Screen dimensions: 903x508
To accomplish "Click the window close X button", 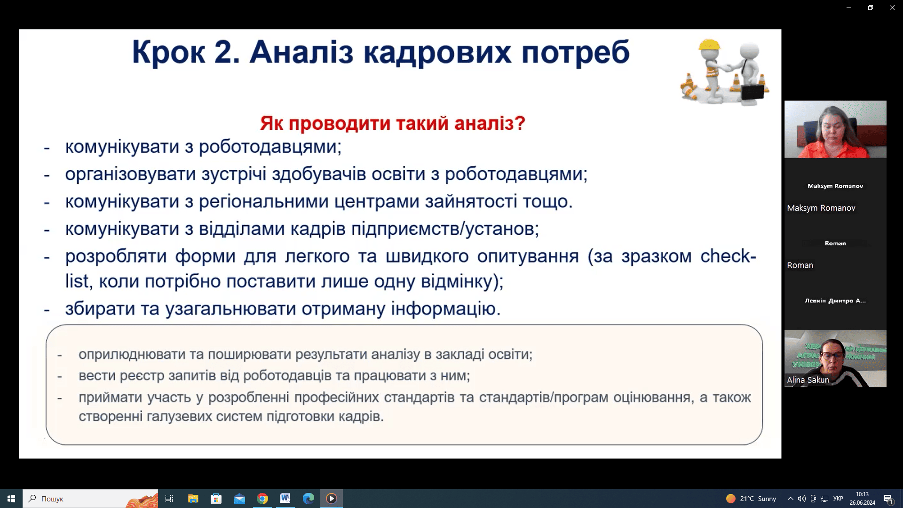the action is tap(892, 8).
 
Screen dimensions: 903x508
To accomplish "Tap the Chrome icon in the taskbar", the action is tap(262, 499).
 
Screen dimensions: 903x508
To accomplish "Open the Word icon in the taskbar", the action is tap(285, 498).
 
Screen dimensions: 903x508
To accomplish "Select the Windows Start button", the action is tap(11, 499).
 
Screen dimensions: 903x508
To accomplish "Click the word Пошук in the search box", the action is tap(52, 499).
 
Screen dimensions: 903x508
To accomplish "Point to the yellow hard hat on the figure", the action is tap(709, 45).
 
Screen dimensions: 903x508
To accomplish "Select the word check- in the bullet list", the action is tap(728, 256).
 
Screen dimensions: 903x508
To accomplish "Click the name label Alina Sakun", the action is tap(808, 380).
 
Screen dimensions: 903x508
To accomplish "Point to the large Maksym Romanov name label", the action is tap(821, 208).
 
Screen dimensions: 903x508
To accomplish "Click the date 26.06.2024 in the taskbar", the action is tap(862, 503).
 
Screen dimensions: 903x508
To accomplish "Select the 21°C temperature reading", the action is tap(747, 499).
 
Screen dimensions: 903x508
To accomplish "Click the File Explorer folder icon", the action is tap(193, 499).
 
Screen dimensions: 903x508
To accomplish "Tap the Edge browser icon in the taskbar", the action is tap(309, 499).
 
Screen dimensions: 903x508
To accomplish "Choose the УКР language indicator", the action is tap(838, 499).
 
